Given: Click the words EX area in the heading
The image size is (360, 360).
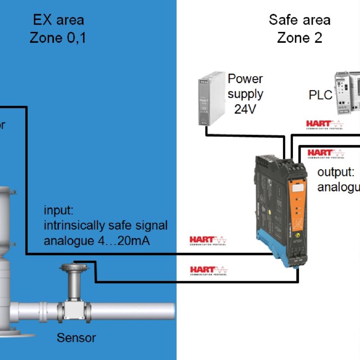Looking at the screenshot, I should click(58, 20).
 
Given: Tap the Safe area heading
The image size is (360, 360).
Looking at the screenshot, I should click(299, 20).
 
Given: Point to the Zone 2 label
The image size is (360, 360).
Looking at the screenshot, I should click(299, 38).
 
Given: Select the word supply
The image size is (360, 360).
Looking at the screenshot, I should click(245, 94).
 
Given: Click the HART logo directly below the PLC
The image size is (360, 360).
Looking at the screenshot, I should click(324, 124).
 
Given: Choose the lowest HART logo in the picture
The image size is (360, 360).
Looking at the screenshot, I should click(208, 270).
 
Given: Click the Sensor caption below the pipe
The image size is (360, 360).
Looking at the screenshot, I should click(76, 337).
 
